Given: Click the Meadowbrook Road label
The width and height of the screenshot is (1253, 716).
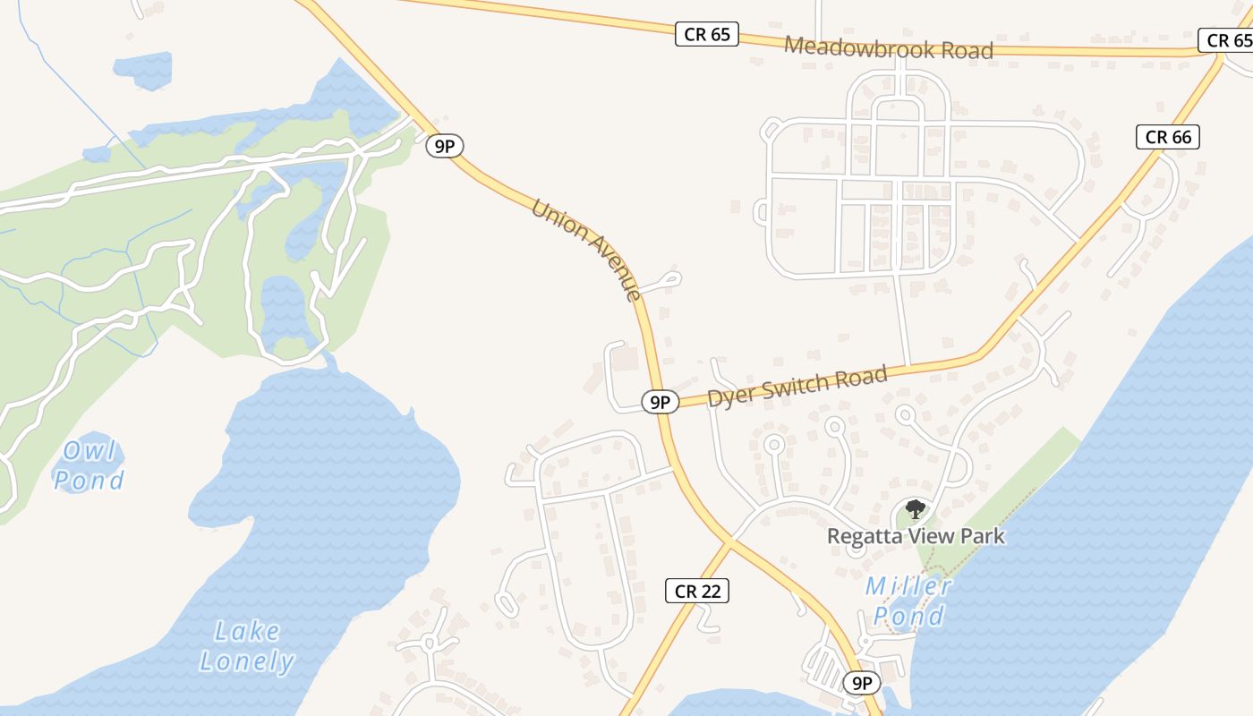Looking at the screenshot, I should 889,47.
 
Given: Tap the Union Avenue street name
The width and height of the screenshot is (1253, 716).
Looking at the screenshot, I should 586,250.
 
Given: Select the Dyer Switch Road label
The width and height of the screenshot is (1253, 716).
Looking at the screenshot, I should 797,387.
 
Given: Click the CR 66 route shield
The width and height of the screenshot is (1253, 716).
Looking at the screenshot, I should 1168,137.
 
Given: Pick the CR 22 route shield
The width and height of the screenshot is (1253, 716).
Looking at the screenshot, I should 697,591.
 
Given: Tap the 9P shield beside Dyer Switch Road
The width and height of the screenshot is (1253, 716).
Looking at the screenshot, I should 660,402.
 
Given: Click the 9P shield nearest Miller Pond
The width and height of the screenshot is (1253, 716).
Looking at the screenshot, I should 861,684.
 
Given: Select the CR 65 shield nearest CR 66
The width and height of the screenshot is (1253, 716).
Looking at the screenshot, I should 1224,40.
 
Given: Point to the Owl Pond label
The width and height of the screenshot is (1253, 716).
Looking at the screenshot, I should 89,465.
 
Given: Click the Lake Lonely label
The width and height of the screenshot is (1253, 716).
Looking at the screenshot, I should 246,646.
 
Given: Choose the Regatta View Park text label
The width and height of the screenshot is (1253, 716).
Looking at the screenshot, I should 916,536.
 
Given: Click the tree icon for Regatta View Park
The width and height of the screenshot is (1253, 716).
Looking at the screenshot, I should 914,510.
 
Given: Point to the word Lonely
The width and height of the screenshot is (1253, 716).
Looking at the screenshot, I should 246,661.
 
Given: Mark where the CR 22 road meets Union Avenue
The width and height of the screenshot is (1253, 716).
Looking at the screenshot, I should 730,541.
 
